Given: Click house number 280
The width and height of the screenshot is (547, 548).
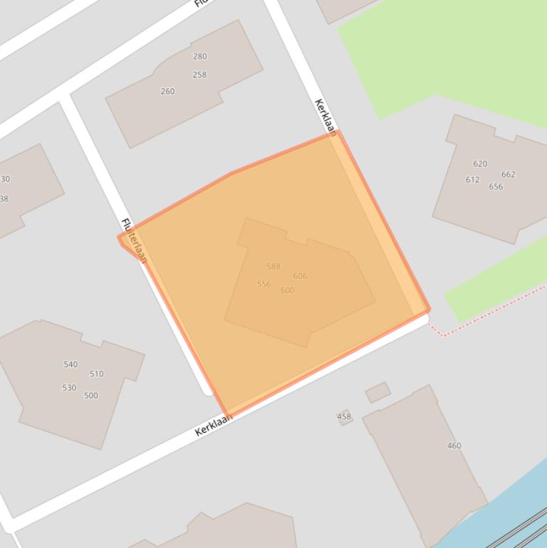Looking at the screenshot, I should point(200,56).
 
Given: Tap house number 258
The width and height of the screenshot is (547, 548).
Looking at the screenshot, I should point(199,75).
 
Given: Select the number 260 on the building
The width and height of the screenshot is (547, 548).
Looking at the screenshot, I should point(168,91).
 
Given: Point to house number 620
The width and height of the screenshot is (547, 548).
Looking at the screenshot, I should point(480,164).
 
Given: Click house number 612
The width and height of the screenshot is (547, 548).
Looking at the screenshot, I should point(472,179).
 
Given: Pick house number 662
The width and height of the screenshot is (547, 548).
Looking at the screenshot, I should point(508,174).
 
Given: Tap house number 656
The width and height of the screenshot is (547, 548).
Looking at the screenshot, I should point(496,187).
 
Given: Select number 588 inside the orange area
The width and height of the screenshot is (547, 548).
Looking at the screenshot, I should point(273,267).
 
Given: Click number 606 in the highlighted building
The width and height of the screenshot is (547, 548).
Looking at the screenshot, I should point(300,276).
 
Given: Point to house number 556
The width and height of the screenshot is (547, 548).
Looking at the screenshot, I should point(264,284).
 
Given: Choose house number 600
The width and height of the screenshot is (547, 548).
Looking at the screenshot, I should point(287,290).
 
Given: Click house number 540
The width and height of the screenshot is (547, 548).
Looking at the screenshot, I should point(70,364).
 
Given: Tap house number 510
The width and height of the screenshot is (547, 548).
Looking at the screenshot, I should point(97,374).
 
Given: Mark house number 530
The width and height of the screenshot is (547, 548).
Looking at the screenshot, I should point(69,388).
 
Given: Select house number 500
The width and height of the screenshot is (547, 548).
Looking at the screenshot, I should point(91,396).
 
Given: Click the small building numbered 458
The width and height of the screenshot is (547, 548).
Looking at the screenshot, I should point(344,417).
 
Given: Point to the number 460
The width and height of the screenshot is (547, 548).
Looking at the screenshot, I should point(455,446).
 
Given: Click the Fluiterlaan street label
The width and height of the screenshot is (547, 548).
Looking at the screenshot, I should point(134,241).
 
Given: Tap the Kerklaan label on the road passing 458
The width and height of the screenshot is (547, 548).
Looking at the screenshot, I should point(213,425).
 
